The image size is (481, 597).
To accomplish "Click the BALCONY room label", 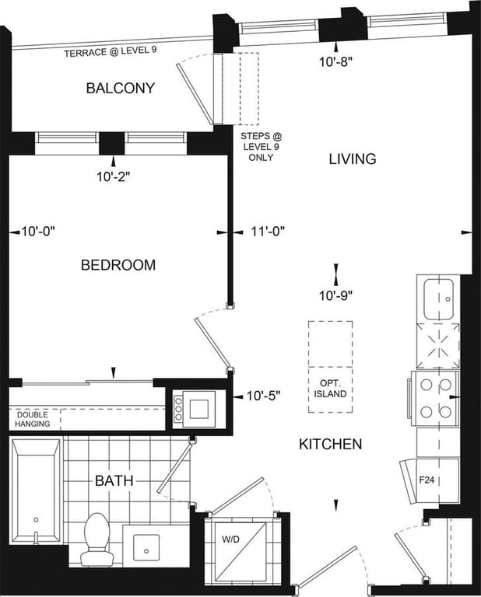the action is click(121, 88).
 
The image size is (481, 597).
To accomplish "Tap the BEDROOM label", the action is click(118, 265).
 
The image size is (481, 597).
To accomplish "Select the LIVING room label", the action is click(353, 159).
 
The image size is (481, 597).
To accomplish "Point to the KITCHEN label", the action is click(331, 444).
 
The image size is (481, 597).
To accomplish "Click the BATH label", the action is click(114, 480).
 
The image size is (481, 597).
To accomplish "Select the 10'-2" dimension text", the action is click(114, 176).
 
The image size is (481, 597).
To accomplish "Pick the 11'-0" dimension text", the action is click(268, 231).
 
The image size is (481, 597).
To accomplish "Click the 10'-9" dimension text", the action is click(335, 295).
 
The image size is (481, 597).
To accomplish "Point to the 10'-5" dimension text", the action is click(263, 396).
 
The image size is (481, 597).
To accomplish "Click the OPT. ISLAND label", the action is click(330, 389).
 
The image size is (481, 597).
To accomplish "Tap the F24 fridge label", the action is click(427, 480).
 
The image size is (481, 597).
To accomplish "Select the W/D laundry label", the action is click(231, 539).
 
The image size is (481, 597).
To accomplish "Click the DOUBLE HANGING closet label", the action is click(33, 419).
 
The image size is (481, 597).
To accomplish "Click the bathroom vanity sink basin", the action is click(146, 547).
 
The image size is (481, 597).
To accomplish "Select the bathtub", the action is click(36, 491).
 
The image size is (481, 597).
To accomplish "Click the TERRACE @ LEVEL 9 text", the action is click(111, 52).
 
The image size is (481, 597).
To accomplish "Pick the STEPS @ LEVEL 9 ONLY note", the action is click(262, 147).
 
